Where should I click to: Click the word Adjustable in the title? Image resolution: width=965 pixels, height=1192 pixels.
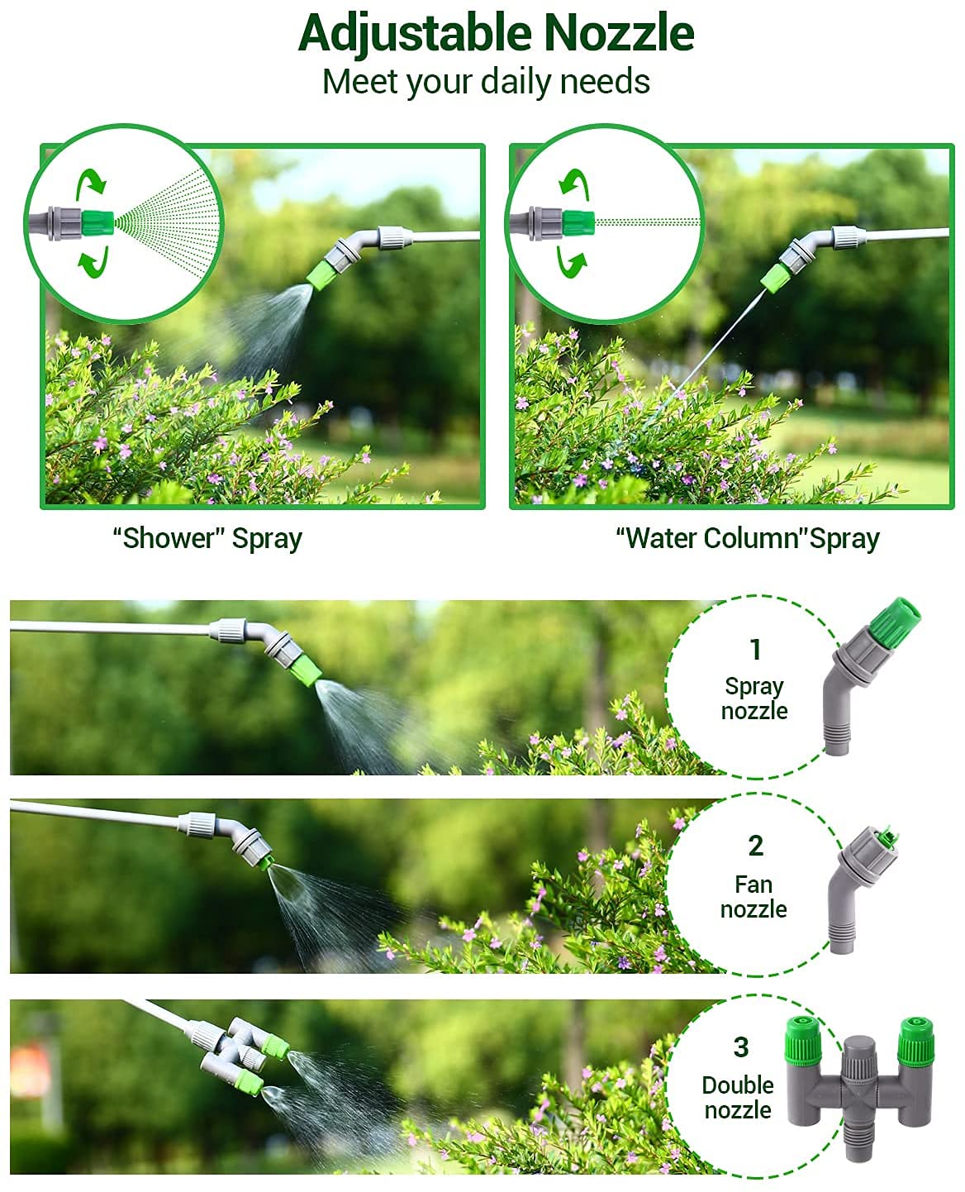pos(416,34)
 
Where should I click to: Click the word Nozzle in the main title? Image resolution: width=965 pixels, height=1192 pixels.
pos(619,34)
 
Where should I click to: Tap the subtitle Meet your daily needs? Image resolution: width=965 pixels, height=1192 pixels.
pos(486,82)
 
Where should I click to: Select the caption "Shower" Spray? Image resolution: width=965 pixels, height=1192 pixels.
pos(207,538)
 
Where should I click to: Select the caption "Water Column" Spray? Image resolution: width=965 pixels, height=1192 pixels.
pos(748,538)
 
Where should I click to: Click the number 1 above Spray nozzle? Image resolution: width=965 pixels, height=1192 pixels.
pos(754,650)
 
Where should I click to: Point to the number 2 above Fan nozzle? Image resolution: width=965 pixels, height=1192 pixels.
pos(755,846)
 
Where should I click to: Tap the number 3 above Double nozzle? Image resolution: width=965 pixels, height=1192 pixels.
pos(741,1047)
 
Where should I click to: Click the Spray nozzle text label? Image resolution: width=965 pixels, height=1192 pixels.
pos(754,699)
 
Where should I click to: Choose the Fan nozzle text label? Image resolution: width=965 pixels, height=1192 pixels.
pos(753,897)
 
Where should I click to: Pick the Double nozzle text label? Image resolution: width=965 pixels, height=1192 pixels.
pos(738,1098)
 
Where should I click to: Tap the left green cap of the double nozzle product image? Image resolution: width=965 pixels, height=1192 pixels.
pos(801,1041)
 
